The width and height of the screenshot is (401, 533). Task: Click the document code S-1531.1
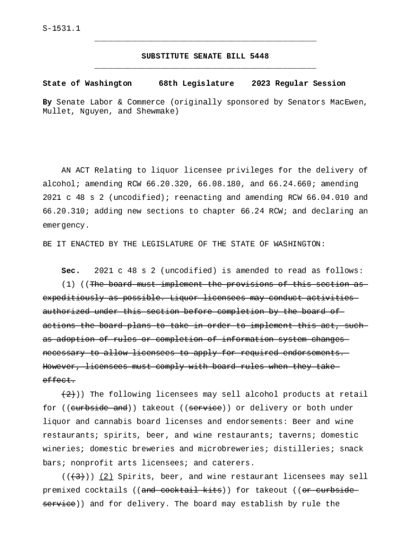coord(61,28)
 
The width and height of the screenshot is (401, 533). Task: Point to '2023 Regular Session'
coord(298,83)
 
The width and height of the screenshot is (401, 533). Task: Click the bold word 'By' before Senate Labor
coord(47,102)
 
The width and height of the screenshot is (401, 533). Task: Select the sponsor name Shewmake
coord(156,111)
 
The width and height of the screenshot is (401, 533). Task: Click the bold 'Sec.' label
coord(71,271)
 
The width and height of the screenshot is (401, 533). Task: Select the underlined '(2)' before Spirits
coord(106,476)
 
